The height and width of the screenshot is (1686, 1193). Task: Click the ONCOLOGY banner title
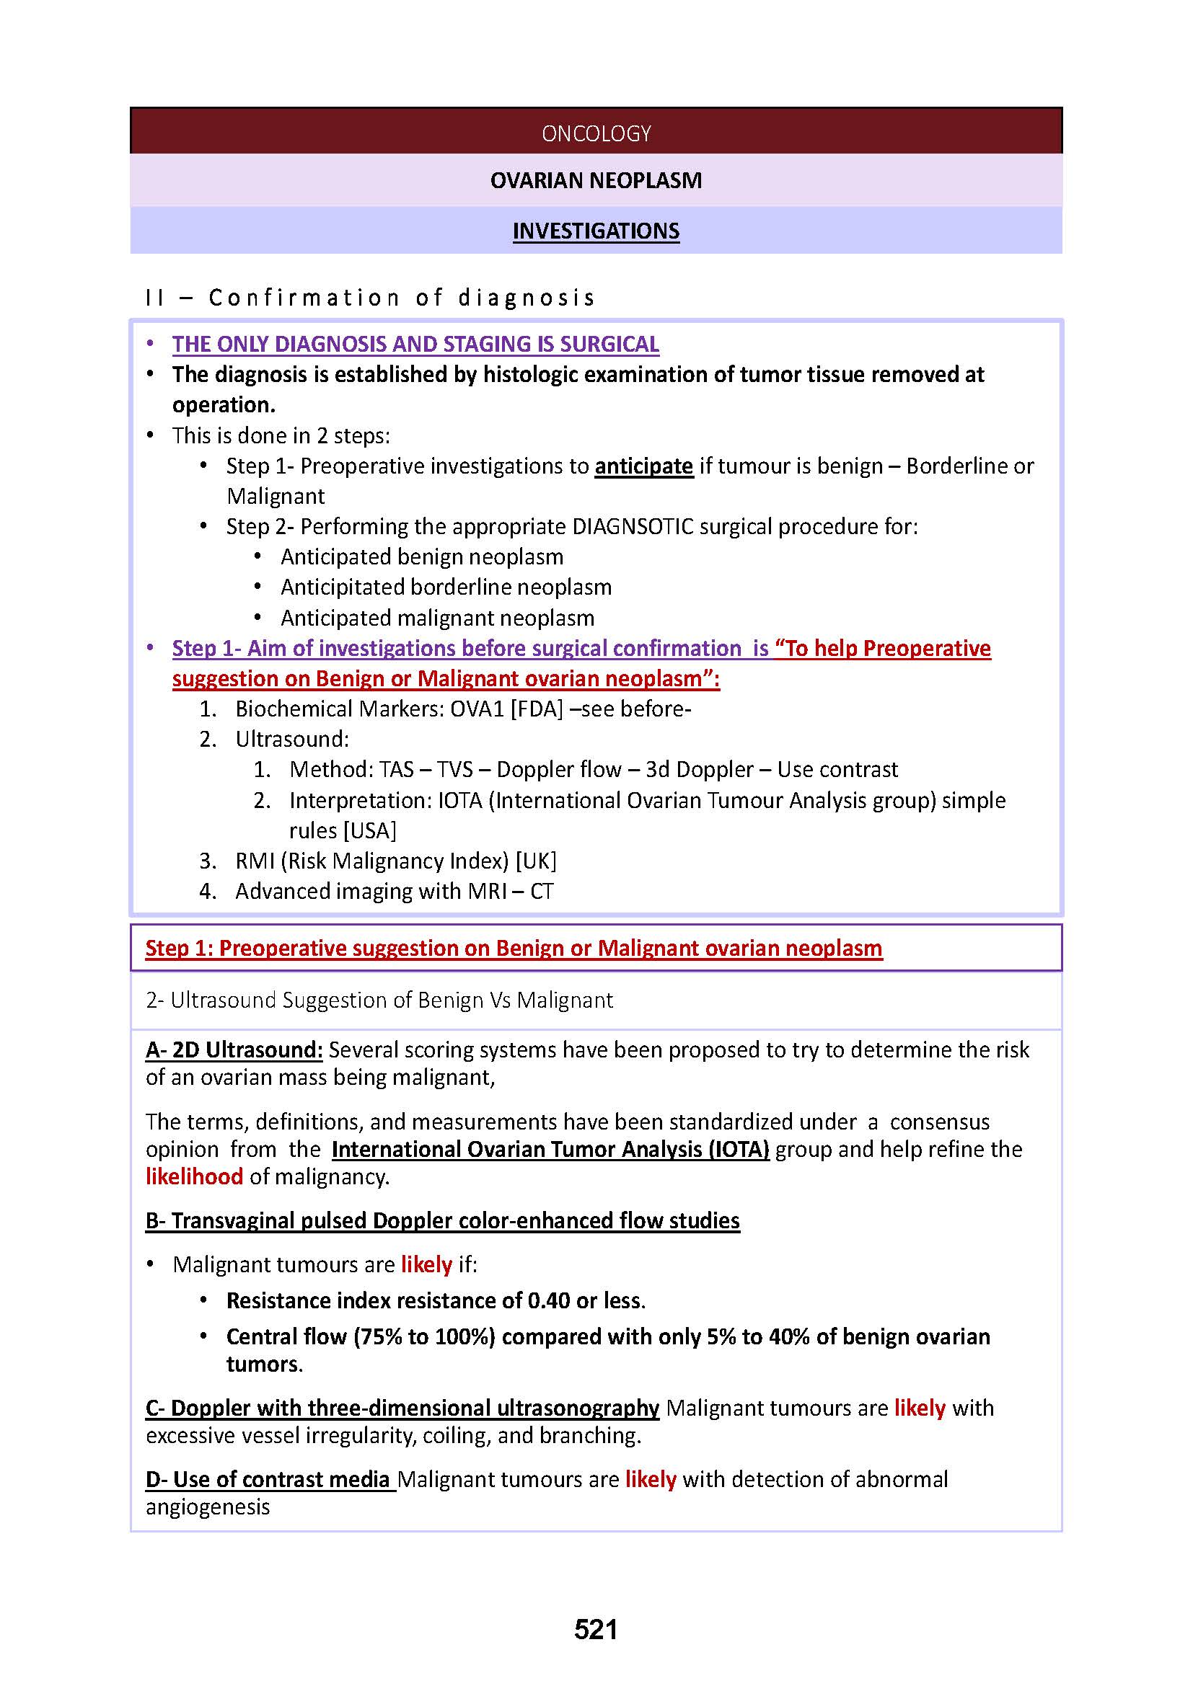click(x=596, y=133)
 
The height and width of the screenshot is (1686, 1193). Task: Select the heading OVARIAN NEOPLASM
click(x=596, y=181)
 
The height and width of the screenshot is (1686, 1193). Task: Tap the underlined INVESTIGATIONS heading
click(x=596, y=231)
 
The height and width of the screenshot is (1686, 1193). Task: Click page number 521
click(x=596, y=1630)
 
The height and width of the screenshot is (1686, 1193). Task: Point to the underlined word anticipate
click(x=643, y=466)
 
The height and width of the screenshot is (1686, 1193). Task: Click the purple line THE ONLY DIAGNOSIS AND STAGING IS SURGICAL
click(x=415, y=345)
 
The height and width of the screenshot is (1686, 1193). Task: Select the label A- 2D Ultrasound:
click(x=234, y=1050)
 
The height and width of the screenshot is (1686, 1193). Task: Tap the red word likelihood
click(x=194, y=1176)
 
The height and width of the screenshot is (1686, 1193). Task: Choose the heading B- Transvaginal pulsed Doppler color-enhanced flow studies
click(x=442, y=1220)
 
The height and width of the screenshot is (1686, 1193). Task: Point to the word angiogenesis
click(x=208, y=1507)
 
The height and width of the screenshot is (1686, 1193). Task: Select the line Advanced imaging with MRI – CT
click(x=394, y=892)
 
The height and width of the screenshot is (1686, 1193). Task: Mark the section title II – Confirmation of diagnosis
click(x=369, y=298)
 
